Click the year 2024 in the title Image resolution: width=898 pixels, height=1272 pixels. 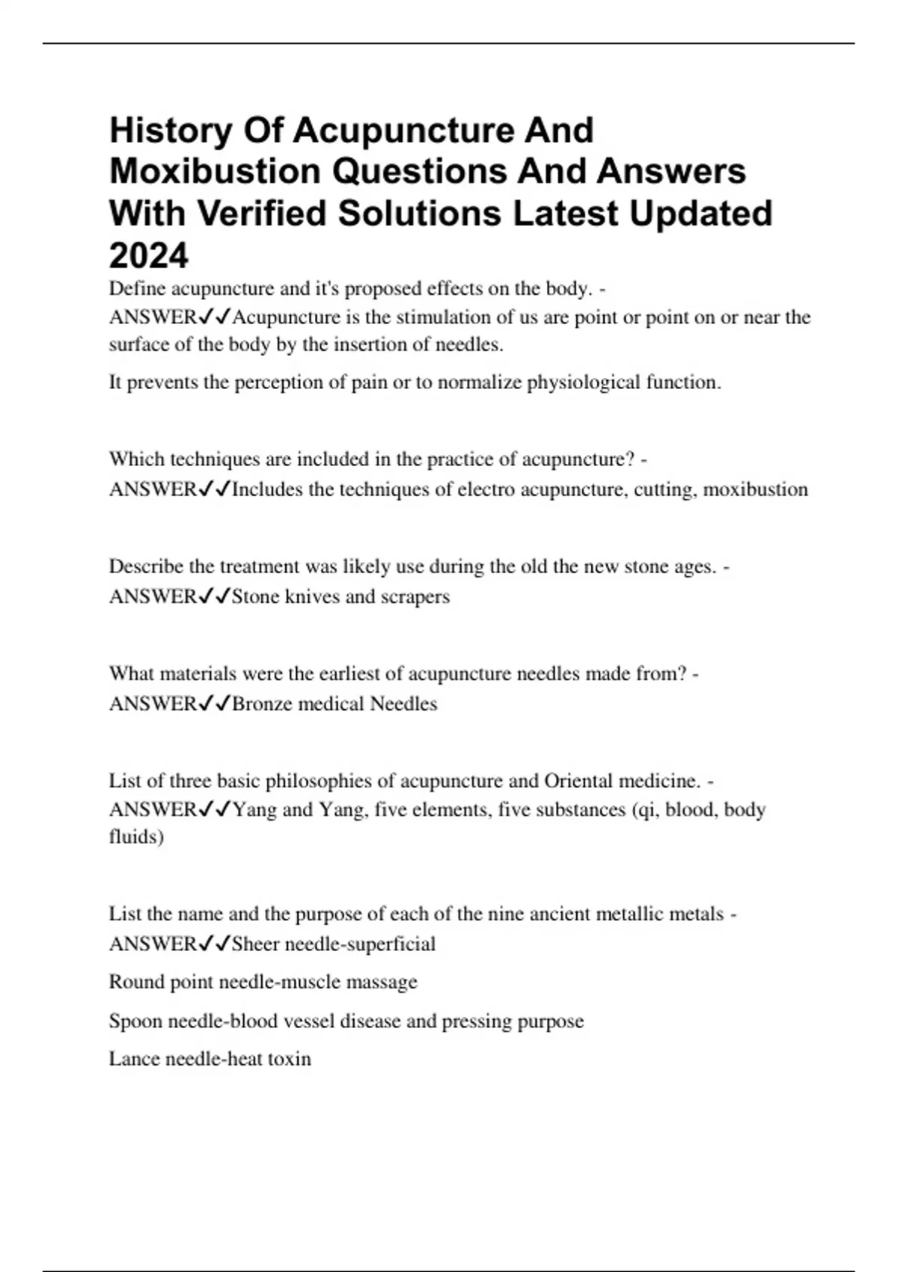149,256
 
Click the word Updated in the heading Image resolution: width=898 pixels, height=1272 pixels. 700,213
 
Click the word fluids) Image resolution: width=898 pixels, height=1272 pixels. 136,837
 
